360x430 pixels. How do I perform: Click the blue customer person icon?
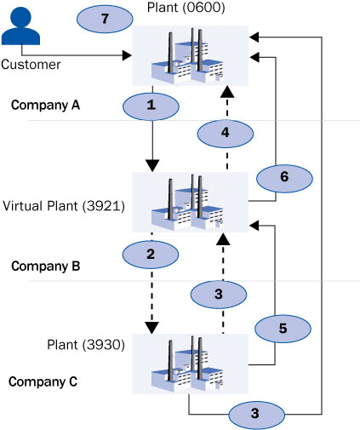tap(20, 26)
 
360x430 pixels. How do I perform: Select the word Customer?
tap(31, 65)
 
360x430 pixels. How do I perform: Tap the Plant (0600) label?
tap(186, 7)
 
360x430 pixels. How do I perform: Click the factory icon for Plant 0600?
tap(191, 55)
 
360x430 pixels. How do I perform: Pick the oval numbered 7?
tap(105, 19)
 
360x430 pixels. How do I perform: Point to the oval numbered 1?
tap(151, 106)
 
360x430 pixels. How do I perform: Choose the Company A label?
tap(45, 105)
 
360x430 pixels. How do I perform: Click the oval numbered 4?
tap(226, 134)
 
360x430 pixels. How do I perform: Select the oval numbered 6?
tap(284, 179)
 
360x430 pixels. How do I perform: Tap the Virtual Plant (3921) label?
tap(64, 206)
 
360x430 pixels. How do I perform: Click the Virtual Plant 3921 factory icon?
tap(191, 202)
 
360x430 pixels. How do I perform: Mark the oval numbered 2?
tap(151, 255)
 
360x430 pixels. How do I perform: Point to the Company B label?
tap(46, 267)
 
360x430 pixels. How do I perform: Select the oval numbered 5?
tap(283, 329)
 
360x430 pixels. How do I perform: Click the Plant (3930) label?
tap(86, 345)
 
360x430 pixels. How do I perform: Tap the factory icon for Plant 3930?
tap(191, 364)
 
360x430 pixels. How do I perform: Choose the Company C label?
tap(43, 381)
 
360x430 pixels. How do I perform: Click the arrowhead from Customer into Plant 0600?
tap(127, 55)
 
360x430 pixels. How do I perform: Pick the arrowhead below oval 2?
tap(151, 328)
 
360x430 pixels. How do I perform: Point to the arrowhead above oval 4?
tap(227, 92)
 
